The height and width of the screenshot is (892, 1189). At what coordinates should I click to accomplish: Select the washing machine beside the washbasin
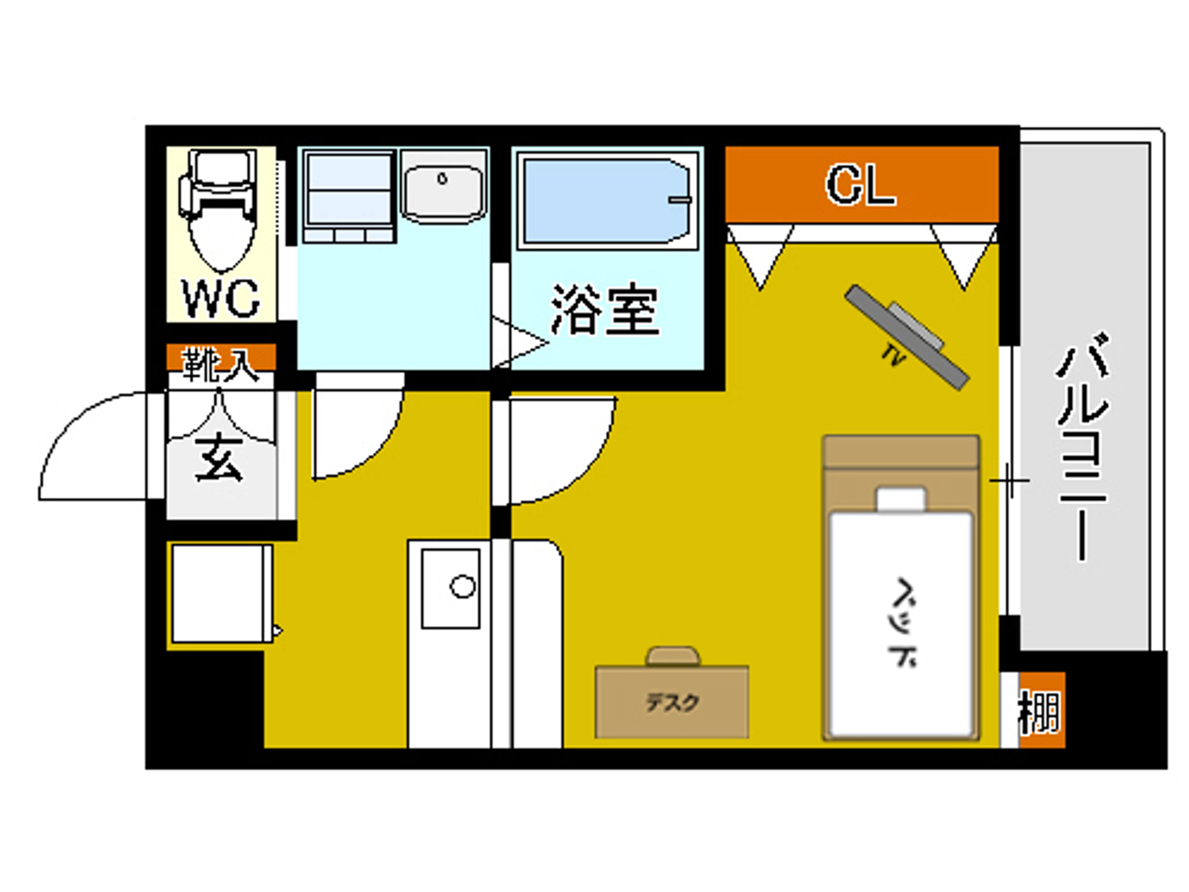(x=349, y=197)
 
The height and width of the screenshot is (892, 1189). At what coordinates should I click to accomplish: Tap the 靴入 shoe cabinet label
(x=221, y=364)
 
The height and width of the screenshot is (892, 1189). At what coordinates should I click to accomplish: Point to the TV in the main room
(x=907, y=337)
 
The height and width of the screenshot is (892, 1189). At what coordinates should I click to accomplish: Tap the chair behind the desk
(x=673, y=657)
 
